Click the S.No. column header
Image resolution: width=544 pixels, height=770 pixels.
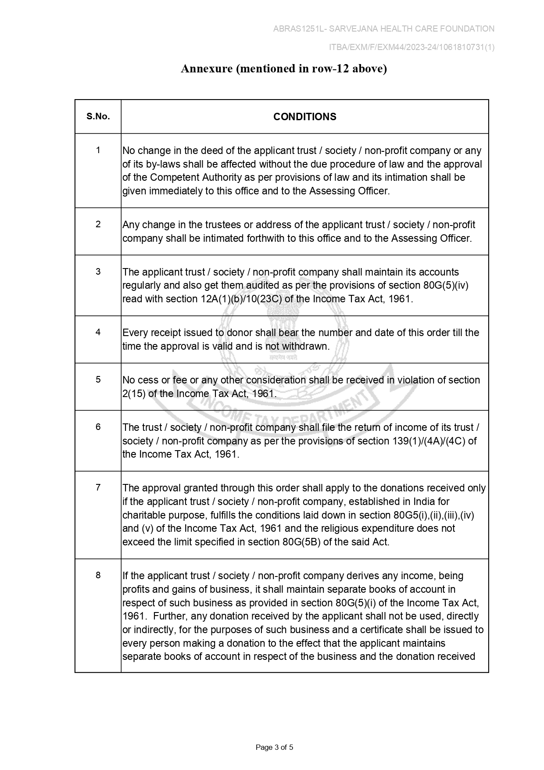(98, 117)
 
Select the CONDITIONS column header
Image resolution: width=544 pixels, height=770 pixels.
(304, 117)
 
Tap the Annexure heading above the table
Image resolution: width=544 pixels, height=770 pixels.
(284, 69)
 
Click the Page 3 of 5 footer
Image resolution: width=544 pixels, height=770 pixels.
(274, 747)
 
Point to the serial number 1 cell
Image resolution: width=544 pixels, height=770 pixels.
(98, 150)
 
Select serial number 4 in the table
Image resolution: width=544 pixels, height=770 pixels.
(98, 332)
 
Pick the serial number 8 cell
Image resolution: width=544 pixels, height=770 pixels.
(98, 575)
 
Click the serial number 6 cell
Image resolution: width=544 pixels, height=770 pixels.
(98, 427)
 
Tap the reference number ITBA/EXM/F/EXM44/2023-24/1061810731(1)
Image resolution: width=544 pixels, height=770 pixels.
(412, 47)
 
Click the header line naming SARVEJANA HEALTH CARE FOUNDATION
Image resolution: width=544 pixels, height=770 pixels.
(383, 29)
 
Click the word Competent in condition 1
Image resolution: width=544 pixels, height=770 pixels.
(174, 178)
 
